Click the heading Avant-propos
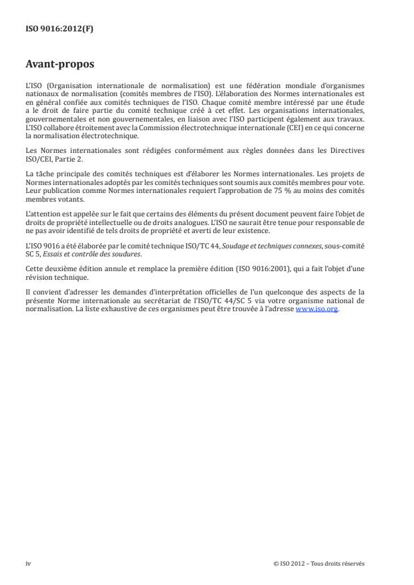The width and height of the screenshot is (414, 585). coord(59,65)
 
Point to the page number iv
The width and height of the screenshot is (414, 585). coord(28,563)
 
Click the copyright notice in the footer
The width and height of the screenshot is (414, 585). coord(319,563)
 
